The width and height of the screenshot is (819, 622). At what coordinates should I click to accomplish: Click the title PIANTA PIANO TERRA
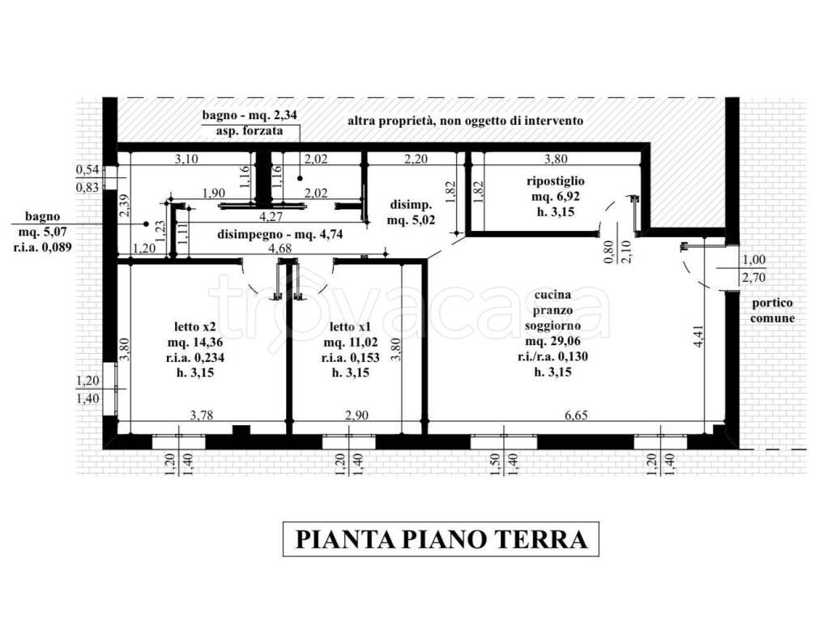(x=440, y=539)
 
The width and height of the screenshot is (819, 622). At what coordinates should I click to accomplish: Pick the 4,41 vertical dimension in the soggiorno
(x=698, y=336)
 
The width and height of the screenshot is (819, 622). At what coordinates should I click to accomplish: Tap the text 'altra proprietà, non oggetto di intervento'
(x=465, y=121)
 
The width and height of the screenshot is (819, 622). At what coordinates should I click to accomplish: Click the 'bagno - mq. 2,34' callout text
(x=250, y=116)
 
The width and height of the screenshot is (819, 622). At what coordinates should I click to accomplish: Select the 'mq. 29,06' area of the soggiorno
(x=553, y=342)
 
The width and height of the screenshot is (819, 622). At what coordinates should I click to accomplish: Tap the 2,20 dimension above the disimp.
(x=415, y=160)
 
